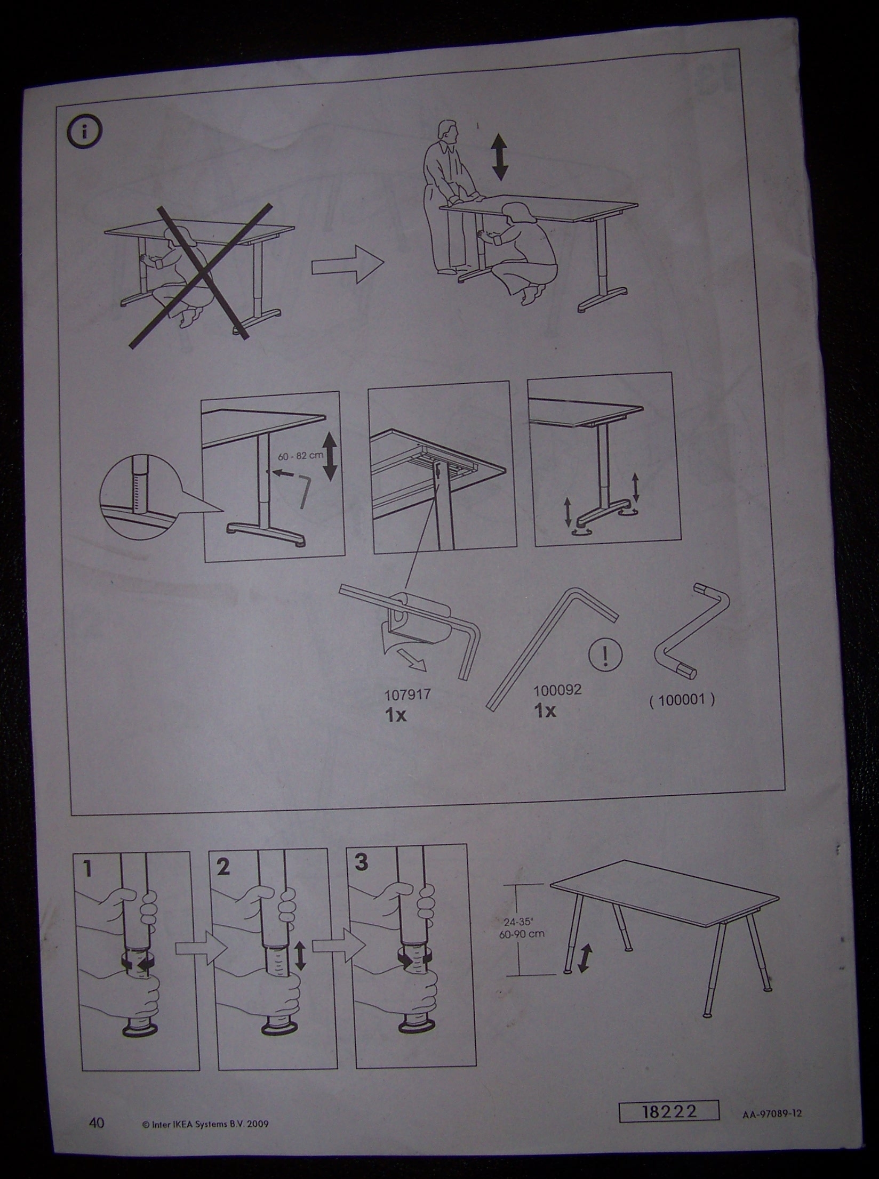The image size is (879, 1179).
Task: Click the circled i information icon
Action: click(x=85, y=132)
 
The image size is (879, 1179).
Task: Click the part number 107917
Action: click(x=407, y=695)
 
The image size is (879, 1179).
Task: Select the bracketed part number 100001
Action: click(x=682, y=700)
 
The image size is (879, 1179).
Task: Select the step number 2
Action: click(x=223, y=867)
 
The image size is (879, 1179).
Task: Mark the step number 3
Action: click(x=361, y=862)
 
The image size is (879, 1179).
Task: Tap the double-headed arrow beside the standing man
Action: click(x=499, y=156)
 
